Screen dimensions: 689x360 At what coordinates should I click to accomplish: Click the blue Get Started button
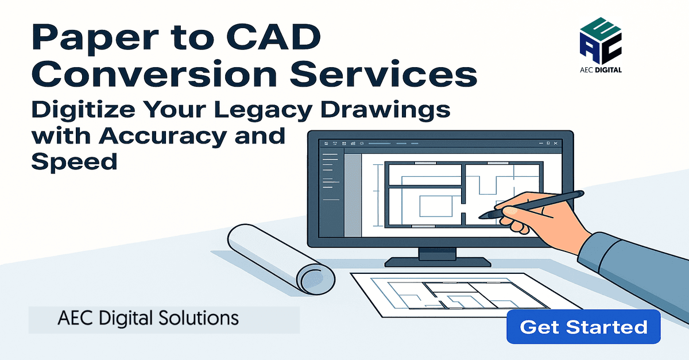(583, 327)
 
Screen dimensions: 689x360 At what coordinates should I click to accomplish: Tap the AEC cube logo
(601, 40)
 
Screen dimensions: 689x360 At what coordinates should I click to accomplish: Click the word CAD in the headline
(274, 37)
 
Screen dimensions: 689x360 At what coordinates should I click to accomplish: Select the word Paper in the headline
(95, 40)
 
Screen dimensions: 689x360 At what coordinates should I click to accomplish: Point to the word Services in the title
(384, 73)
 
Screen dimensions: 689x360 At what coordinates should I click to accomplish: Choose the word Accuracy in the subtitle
(163, 137)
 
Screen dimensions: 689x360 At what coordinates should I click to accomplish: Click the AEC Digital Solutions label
(148, 318)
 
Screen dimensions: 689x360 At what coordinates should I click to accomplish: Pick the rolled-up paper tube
(281, 259)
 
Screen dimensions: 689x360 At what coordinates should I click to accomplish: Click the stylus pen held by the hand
(531, 204)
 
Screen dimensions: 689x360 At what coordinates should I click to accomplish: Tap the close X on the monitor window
(556, 143)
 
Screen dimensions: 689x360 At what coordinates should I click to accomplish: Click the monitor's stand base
(438, 262)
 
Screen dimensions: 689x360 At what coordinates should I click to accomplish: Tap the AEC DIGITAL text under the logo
(601, 70)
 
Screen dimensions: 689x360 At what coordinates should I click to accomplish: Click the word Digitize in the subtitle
(83, 110)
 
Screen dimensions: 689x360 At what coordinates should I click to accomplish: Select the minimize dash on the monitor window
(541, 144)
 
